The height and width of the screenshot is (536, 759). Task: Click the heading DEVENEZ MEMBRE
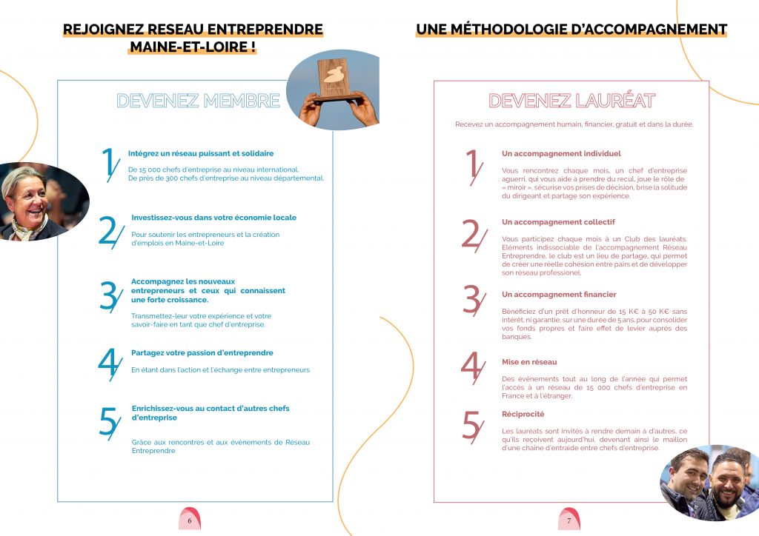pyautogui.click(x=199, y=101)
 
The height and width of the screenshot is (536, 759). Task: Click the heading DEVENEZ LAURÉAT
pyautogui.click(x=571, y=101)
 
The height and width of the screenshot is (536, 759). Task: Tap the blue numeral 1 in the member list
pyautogui.click(x=108, y=164)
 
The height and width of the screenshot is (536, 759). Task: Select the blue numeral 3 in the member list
pyautogui.click(x=109, y=295)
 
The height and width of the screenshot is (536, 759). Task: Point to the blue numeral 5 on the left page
pyautogui.click(x=109, y=423)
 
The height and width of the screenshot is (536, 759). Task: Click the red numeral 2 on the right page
pyautogui.click(x=472, y=235)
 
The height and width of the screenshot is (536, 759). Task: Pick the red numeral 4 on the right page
pyautogui.click(x=471, y=367)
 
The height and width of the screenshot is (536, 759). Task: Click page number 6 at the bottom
pyautogui.click(x=190, y=520)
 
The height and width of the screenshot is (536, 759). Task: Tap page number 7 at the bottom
pyautogui.click(x=569, y=520)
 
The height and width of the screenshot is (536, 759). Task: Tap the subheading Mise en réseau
pyautogui.click(x=529, y=362)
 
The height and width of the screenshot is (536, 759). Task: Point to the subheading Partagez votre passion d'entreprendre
pyautogui.click(x=202, y=353)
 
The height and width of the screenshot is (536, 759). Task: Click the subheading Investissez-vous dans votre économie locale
pyautogui.click(x=213, y=218)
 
